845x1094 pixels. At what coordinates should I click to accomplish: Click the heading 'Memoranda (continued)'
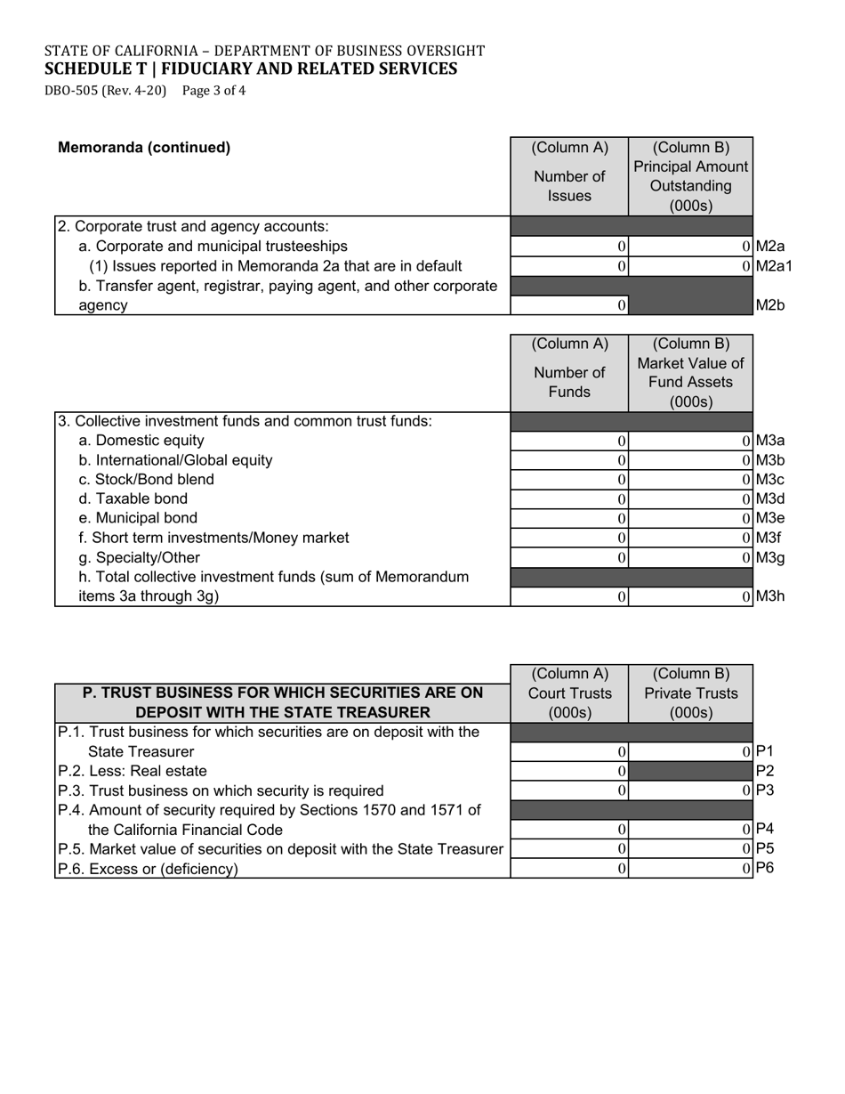[x=144, y=148]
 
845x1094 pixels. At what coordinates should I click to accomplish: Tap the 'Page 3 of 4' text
[x=213, y=90]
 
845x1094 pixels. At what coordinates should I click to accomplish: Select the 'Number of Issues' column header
[x=569, y=186]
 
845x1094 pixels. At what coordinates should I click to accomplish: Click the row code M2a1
[x=773, y=266]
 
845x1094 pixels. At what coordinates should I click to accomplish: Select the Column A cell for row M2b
[x=569, y=305]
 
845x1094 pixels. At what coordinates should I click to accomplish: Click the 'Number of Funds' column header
[x=569, y=383]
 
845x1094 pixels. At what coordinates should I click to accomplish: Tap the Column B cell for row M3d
[x=690, y=499]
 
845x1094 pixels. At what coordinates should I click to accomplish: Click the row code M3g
[x=770, y=558]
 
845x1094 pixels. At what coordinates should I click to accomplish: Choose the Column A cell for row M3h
[x=569, y=597]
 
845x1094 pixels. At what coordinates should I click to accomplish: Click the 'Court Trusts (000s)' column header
[x=569, y=702]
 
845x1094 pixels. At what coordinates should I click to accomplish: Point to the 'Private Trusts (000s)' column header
[x=690, y=702]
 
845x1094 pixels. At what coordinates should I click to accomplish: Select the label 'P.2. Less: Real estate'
[x=133, y=771]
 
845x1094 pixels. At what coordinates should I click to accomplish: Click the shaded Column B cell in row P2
[x=690, y=771]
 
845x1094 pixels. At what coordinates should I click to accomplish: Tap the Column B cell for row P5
[x=690, y=849]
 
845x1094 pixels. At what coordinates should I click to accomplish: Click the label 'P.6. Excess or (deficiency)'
[x=148, y=869]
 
